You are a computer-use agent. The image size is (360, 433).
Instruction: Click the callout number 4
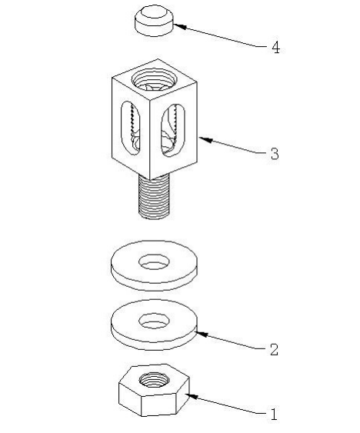click(x=275, y=47)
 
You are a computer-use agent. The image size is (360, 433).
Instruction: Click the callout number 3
click(x=275, y=154)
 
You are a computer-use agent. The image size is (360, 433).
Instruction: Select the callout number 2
click(x=274, y=349)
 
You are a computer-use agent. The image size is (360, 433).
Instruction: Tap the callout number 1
click(x=273, y=415)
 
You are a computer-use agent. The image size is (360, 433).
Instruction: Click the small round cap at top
click(x=154, y=21)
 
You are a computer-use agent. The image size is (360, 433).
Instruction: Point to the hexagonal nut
click(x=154, y=390)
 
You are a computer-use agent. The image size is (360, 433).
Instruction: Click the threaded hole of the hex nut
click(x=153, y=379)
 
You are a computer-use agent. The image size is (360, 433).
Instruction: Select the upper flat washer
click(x=154, y=265)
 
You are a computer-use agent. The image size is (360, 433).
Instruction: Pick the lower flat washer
click(x=154, y=325)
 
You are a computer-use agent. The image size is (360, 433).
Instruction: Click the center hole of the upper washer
click(x=154, y=261)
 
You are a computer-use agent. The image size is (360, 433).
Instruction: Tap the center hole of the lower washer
click(x=154, y=321)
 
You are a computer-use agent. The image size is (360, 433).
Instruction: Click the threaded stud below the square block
click(x=154, y=198)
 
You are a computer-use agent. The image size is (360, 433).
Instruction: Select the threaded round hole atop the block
click(x=154, y=79)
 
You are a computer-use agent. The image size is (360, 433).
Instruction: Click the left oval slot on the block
click(x=131, y=126)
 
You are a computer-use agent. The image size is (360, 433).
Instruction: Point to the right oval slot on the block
click(x=172, y=130)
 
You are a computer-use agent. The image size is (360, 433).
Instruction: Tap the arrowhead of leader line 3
click(x=205, y=139)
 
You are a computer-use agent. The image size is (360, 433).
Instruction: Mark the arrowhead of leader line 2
click(x=202, y=334)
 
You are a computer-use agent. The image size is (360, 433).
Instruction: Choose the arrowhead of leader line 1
click(x=192, y=397)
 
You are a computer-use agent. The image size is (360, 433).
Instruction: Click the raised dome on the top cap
click(x=154, y=13)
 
